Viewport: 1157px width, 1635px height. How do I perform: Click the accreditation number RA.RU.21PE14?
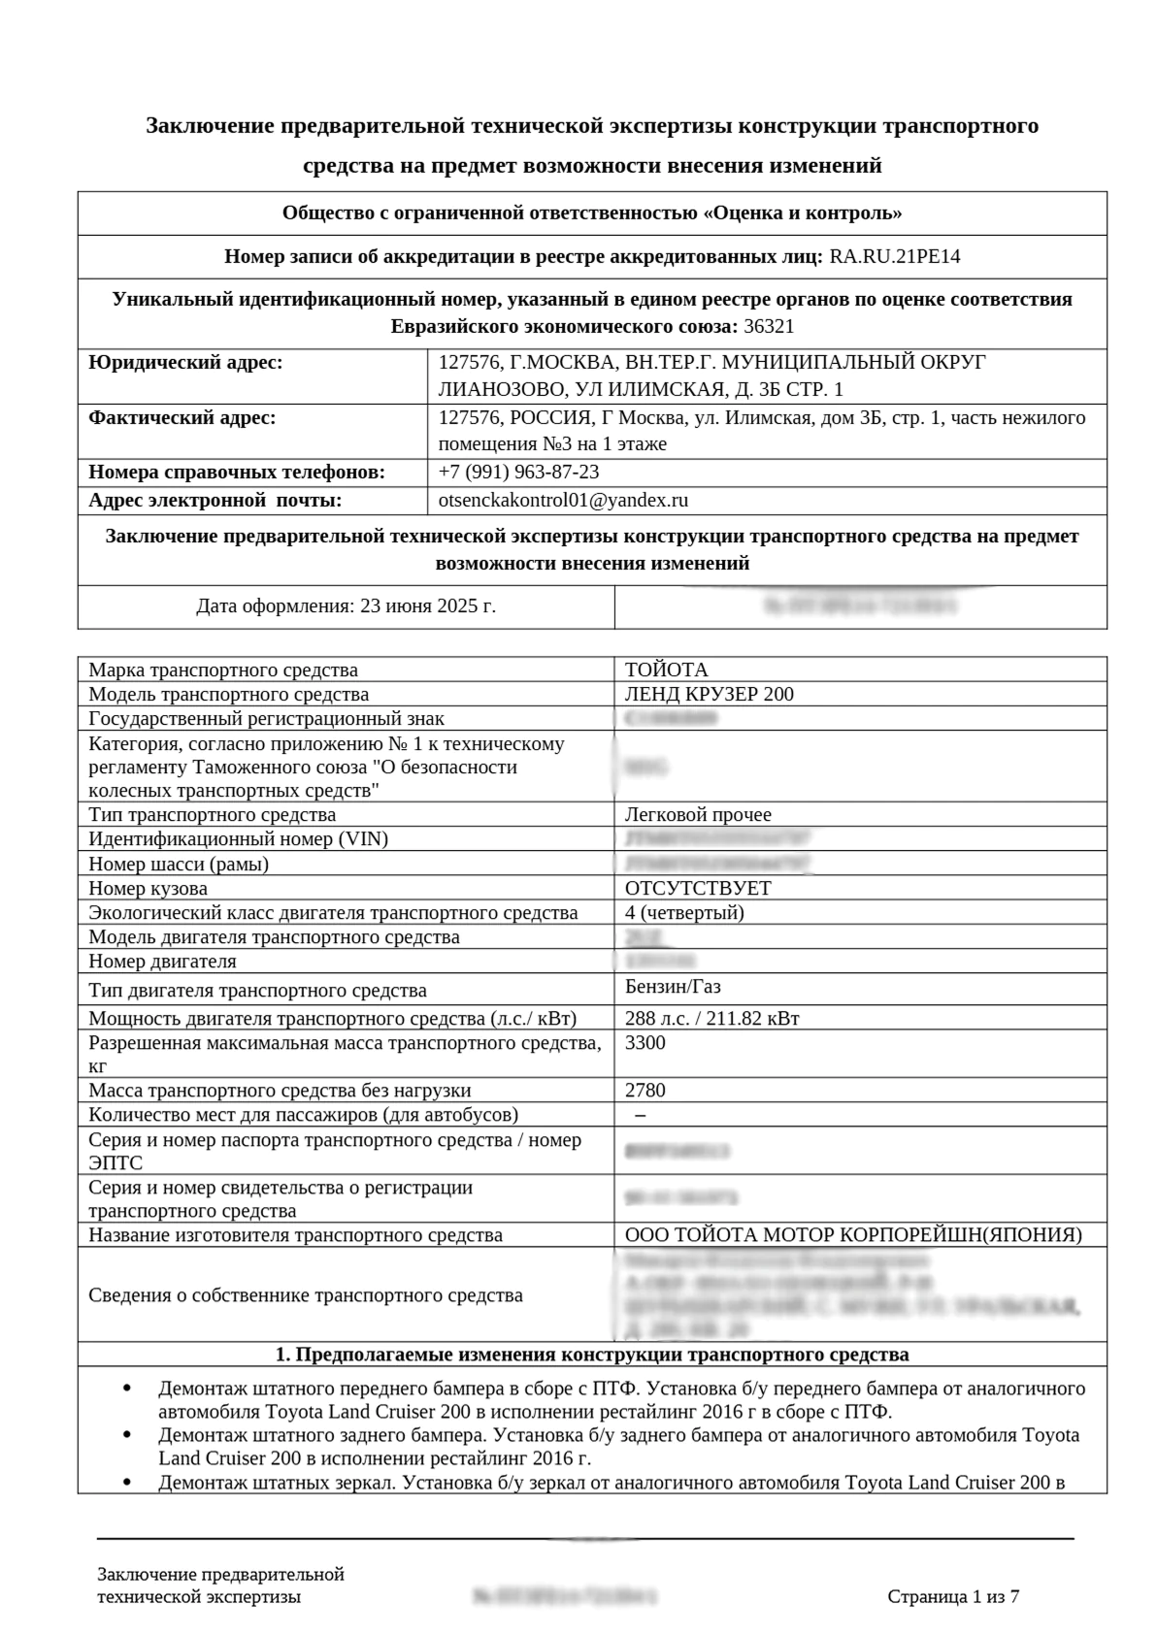pyautogui.click(x=894, y=257)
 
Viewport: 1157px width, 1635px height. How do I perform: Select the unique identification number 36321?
pyautogui.click(x=768, y=326)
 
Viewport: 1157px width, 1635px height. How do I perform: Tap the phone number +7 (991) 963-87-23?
pyautogui.click(x=518, y=473)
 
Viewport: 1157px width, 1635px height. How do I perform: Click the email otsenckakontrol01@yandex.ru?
pyautogui.click(x=563, y=501)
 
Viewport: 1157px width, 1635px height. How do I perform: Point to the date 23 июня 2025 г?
pyautogui.click(x=427, y=606)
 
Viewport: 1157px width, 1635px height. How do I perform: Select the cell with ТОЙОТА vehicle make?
pyautogui.click(x=666, y=670)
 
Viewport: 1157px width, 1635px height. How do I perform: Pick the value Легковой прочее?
pyautogui.click(x=698, y=815)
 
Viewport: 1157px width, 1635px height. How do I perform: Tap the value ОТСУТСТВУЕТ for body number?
pyautogui.click(x=698, y=888)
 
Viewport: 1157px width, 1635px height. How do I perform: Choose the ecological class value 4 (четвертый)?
pyautogui.click(x=684, y=912)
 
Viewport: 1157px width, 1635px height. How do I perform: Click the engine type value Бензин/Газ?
pyautogui.click(x=673, y=987)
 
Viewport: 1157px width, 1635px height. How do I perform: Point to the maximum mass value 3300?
pyautogui.click(x=645, y=1042)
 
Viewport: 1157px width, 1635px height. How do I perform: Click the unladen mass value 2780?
pyautogui.click(x=645, y=1090)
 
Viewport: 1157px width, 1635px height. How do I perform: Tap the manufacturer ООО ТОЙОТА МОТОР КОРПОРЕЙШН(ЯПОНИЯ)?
pyautogui.click(x=853, y=1235)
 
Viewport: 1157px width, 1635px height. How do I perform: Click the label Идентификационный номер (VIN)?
pyautogui.click(x=238, y=839)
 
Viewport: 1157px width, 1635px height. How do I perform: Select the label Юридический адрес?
pyautogui.click(x=185, y=363)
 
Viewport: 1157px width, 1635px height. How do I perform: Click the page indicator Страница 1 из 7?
pyautogui.click(x=952, y=1597)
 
